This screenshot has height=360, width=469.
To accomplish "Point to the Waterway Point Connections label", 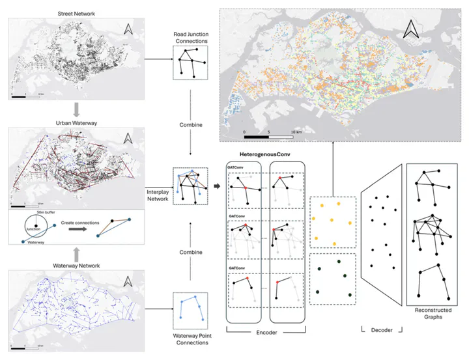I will (190, 339).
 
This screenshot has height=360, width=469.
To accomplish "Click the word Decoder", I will (382, 331).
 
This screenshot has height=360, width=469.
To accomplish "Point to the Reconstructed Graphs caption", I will (433, 314).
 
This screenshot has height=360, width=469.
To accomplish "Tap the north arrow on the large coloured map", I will (410, 28).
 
